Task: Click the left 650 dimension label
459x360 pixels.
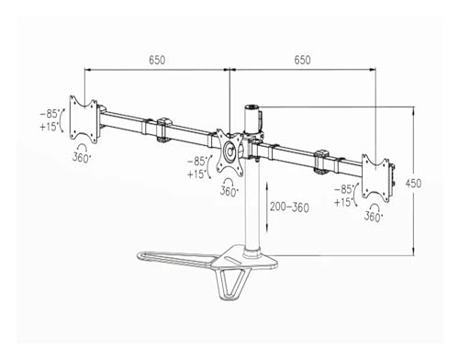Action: click(x=157, y=61)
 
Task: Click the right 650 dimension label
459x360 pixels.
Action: click(x=302, y=60)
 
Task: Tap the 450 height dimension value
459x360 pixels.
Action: click(x=413, y=184)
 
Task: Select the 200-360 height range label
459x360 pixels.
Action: click(x=289, y=208)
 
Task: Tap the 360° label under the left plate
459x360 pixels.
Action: click(x=82, y=157)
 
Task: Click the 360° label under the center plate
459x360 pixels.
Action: click(x=229, y=192)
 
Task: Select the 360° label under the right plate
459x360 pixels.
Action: click(x=373, y=217)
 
